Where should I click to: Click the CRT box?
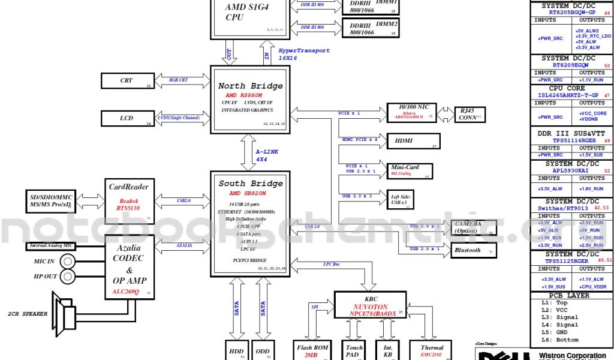click(126, 80)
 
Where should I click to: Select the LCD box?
click(126, 118)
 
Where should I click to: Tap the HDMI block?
click(414, 142)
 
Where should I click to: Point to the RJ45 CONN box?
click(470, 115)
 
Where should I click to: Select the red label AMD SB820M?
click(247, 193)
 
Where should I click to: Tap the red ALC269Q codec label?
click(126, 292)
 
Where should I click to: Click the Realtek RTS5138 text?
click(129, 204)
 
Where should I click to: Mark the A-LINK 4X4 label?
click(266, 156)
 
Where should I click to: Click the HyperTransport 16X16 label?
click(303, 54)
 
